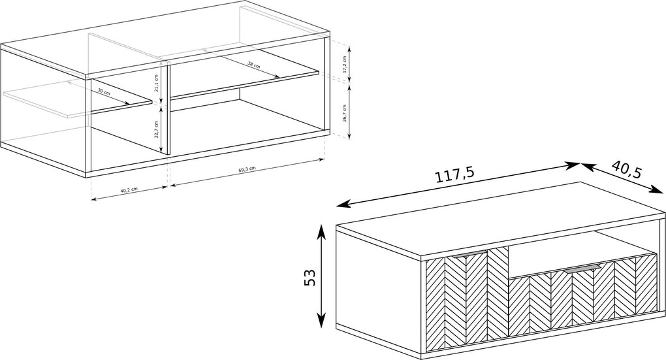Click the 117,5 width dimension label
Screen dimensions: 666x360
tap(455, 174)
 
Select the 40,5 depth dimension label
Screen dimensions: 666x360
tap(627, 169)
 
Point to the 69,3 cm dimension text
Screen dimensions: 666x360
tap(247, 169)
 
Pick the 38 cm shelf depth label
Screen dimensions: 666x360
tap(253, 65)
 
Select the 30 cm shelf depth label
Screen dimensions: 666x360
tap(104, 91)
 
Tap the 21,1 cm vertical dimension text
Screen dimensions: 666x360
tap(156, 84)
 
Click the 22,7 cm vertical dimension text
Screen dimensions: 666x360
tap(156, 129)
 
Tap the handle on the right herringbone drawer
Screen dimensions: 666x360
tap(582, 269)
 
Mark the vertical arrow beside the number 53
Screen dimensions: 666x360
tap(321, 276)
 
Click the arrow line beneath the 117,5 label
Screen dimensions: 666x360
tap(458, 185)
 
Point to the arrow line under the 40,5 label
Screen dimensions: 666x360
tap(623, 179)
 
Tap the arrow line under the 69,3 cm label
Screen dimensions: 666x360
tap(247, 173)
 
